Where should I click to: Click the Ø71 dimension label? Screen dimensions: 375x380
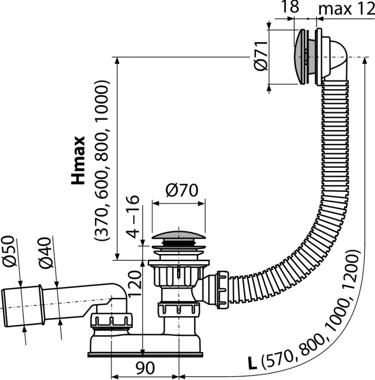(x=261, y=56)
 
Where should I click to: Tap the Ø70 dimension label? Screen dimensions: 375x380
(x=182, y=190)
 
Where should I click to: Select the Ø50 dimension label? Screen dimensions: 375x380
(x=10, y=251)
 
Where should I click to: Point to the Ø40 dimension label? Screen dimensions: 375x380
(x=45, y=253)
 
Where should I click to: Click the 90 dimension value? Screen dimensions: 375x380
(x=145, y=368)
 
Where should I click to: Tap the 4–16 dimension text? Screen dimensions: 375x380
(x=132, y=217)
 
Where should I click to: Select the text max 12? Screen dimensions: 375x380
(x=347, y=9)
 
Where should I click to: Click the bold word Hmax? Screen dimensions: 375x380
(x=78, y=160)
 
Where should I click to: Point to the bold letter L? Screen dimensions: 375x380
(x=252, y=362)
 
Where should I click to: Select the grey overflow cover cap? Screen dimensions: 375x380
(x=300, y=57)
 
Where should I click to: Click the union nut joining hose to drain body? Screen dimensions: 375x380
(x=223, y=290)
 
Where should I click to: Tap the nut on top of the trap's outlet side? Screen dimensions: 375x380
(x=112, y=320)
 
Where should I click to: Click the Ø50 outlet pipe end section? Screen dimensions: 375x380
(x=22, y=306)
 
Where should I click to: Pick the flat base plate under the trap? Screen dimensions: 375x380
(x=145, y=355)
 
